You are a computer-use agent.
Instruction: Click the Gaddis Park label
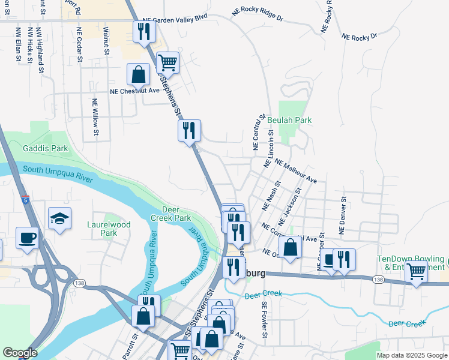point(45,148)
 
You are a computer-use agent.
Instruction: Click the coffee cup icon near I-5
point(28,238)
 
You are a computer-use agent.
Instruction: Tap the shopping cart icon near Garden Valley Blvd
point(167,62)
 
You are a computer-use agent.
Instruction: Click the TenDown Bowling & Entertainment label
point(412,262)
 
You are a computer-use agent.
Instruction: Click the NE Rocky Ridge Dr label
point(258,13)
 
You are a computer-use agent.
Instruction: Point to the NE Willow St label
point(94,116)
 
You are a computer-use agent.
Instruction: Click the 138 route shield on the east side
point(378,280)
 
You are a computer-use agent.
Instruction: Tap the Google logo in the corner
point(19,353)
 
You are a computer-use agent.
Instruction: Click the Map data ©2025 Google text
point(411,355)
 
